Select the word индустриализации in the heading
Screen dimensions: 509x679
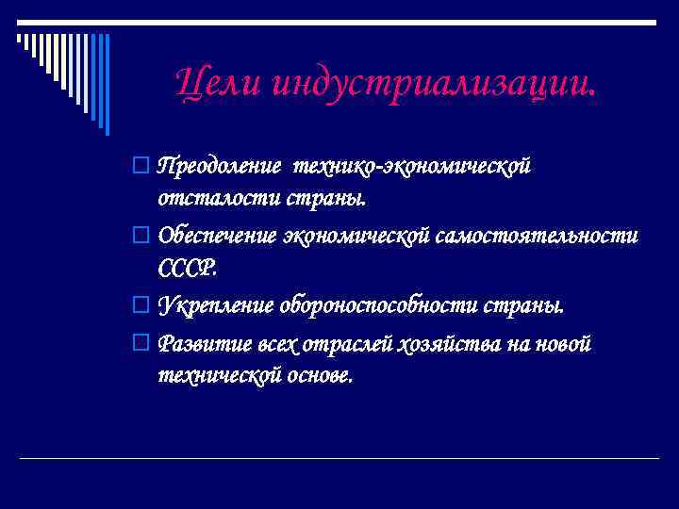434,87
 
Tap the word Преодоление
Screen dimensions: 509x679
219,167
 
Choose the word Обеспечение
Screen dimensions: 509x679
219,234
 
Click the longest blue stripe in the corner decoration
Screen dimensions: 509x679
106,83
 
